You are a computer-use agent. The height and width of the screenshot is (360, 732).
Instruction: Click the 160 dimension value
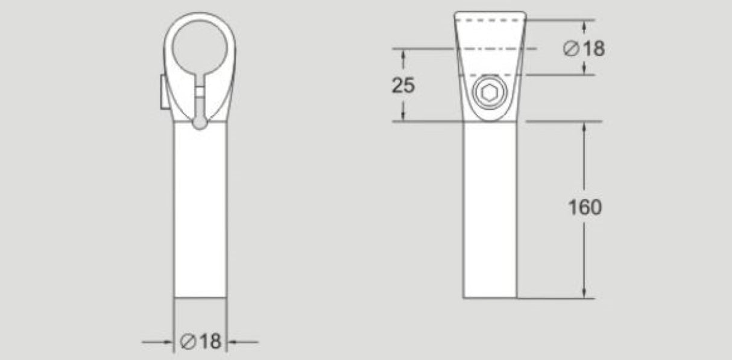(x=585, y=207)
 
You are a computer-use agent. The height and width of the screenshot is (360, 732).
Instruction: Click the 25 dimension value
(x=403, y=86)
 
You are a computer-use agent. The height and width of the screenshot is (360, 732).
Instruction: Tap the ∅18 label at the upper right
(x=584, y=48)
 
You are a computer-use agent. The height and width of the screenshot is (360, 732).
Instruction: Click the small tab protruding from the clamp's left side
(x=163, y=92)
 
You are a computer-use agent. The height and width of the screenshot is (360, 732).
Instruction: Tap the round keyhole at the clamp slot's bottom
(x=200, y=122)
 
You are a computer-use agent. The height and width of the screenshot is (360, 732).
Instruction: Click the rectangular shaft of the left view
(x=200, y=211)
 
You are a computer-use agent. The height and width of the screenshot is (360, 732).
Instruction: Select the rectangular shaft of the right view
(x=490, y=211)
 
